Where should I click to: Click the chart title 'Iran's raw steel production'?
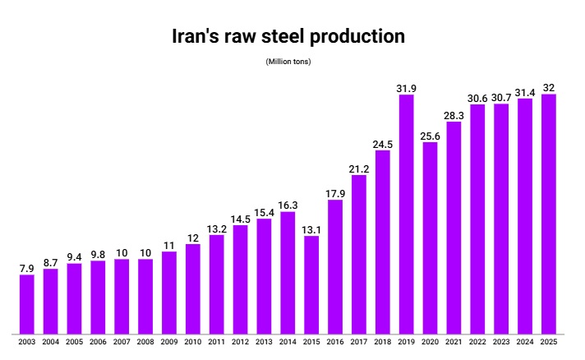288,37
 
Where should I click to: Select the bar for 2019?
406,214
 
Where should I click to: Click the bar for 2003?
27,303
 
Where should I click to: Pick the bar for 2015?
311,284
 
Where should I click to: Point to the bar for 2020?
430,238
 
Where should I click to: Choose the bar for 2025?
549,214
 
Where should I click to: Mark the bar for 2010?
193,288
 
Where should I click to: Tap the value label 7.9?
27,268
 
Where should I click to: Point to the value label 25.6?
430,136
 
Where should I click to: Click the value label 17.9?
335,193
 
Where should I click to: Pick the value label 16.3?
288,205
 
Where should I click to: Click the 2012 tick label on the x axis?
240,342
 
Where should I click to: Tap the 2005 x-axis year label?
74,342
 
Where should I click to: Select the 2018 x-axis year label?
382,342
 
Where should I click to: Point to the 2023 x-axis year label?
501,342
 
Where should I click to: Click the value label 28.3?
454,115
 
